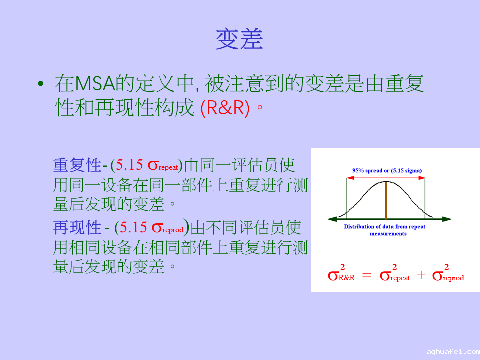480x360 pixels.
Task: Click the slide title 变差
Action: pos(239,39)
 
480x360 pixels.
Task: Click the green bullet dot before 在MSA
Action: pos(41,83)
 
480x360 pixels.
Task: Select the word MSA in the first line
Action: pos(95,83)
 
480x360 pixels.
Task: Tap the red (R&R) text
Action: pos(225,108)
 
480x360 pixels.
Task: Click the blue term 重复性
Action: pos(77,165)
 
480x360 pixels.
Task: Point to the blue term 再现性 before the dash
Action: pos(77,228)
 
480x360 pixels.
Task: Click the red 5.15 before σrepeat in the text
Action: pos(129,165)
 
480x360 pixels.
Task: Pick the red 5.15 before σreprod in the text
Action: pos(133,228)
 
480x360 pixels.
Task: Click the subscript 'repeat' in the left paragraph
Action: pos(168,168)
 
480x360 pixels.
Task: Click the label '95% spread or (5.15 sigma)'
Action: pos(387,171)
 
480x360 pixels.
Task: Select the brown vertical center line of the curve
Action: pos(386,200)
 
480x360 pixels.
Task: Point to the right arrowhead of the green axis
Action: pos(447,219)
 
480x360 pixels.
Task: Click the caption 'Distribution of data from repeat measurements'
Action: pos(385,230)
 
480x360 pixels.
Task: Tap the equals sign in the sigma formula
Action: pos(366,275)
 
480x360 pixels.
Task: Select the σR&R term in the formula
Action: pos(341,273)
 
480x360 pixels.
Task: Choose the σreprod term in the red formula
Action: pos(448,273)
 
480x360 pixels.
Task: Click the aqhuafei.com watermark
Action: pos(453,352)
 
